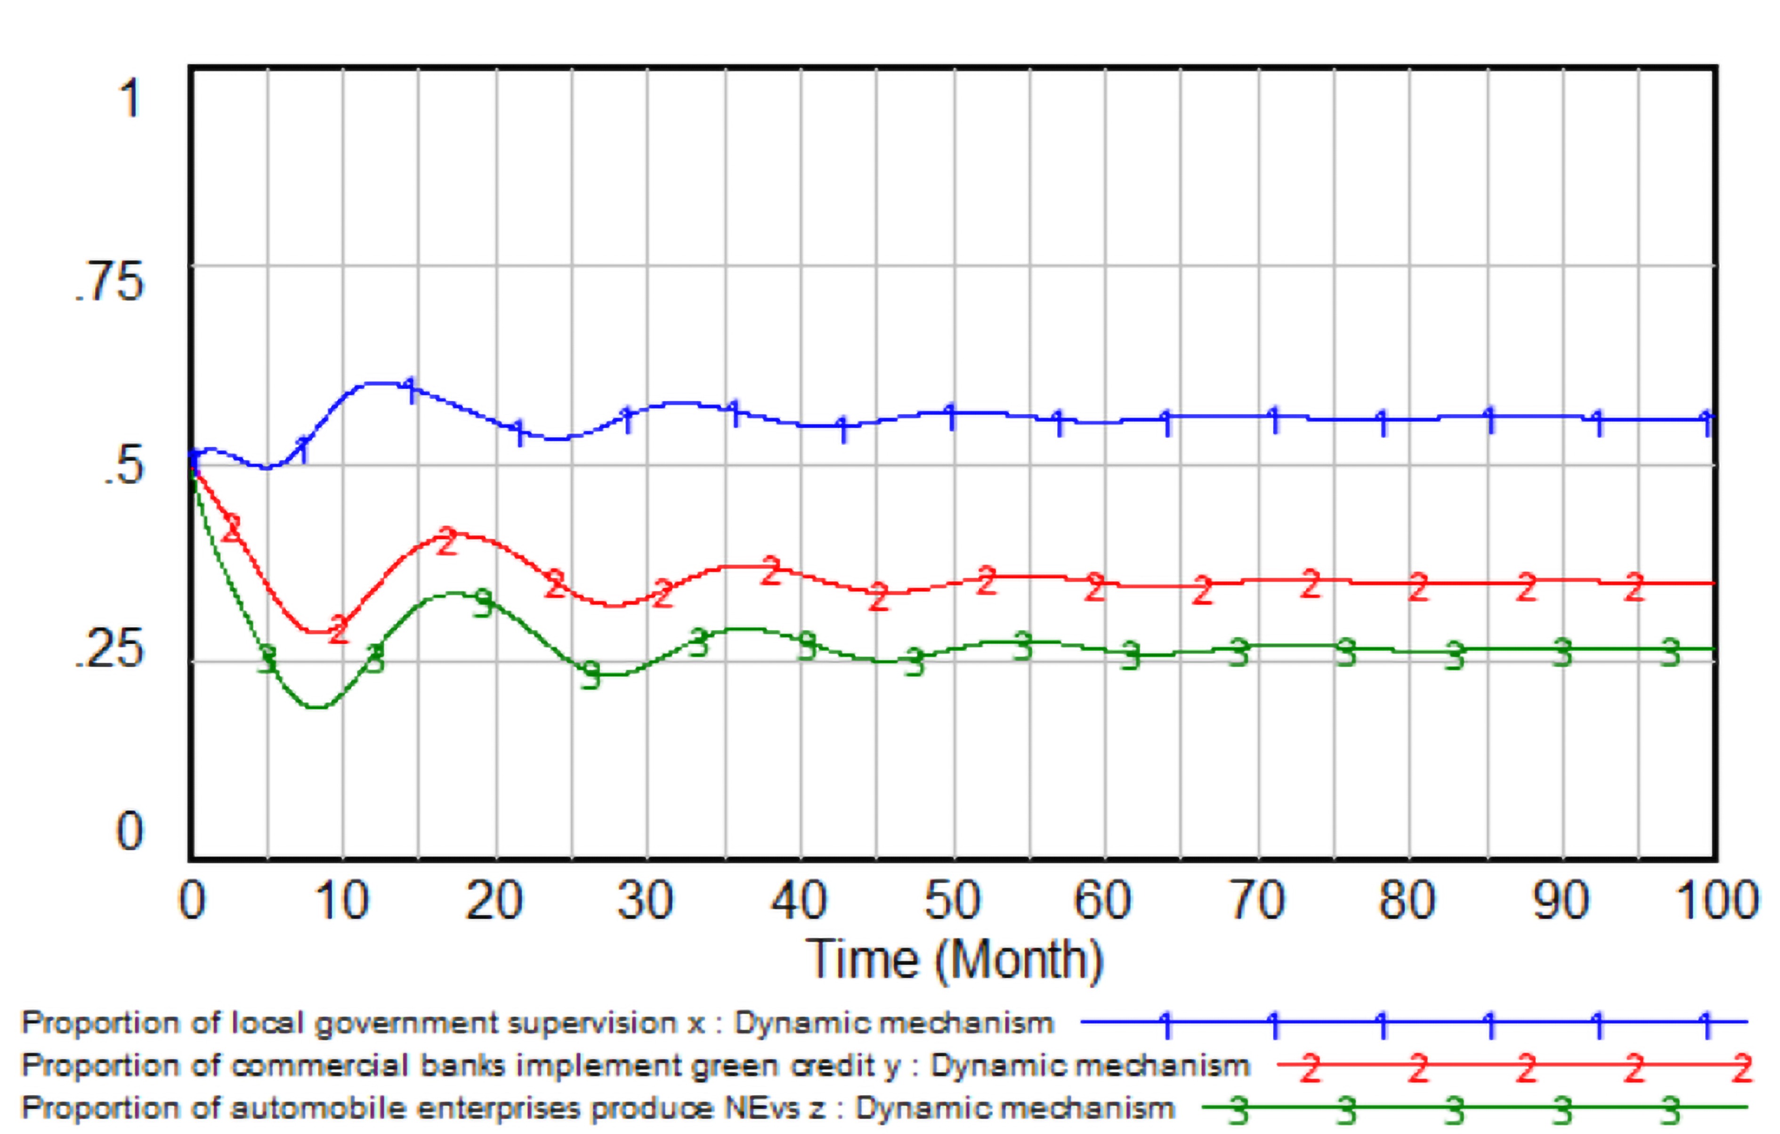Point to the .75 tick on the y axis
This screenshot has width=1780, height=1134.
109,283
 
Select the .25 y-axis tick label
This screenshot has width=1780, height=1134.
109,649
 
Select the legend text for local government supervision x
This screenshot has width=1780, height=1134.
537,1023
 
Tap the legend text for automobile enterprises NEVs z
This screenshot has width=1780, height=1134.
597,1108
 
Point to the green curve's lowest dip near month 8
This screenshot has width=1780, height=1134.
316,707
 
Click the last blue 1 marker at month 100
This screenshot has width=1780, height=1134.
1706,423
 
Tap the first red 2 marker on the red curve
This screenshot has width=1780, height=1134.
233,528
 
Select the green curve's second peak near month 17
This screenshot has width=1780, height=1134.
453,593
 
